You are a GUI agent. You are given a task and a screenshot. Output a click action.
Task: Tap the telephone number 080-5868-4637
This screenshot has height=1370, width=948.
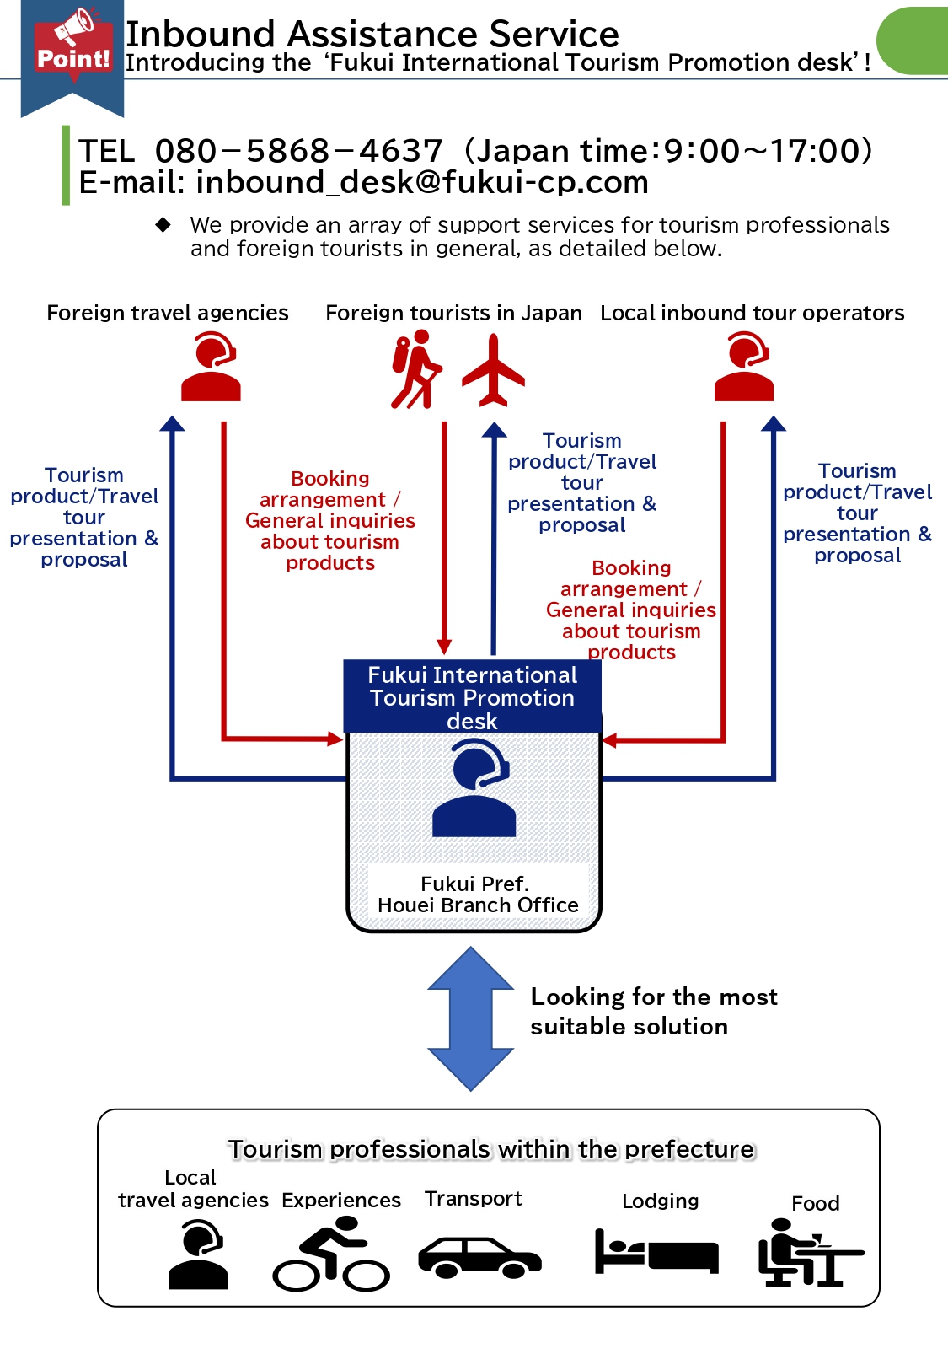(x=299, y=152)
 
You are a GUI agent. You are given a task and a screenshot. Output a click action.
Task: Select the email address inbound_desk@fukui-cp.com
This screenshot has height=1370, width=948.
(x=422, y=183)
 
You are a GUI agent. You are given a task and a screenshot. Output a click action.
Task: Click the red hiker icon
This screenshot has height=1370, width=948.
(x=415, y=369)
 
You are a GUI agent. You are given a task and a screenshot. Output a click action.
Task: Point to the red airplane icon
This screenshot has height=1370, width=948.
(x=494, y=370)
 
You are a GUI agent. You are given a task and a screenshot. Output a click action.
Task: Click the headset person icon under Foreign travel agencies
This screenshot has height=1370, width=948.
(x=212, y=367)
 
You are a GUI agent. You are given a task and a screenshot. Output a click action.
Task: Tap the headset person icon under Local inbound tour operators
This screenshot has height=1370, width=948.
(x=744, y=367)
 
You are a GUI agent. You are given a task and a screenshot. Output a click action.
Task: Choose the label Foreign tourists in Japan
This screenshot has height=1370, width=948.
(x=453, y=314)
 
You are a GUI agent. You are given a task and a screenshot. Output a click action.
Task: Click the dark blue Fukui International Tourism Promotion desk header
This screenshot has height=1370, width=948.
(x=473, y=697)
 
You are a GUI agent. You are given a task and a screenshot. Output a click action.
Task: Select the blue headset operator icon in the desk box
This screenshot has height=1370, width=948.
(x=474, y=788)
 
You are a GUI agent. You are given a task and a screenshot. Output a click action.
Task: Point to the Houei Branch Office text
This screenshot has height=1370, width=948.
(x=478, y=905)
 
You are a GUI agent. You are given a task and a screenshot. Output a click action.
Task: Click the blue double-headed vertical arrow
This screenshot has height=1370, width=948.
(x=471, y=1018)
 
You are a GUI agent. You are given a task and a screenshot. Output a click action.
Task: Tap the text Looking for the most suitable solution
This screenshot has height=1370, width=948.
(x=653, y=1012)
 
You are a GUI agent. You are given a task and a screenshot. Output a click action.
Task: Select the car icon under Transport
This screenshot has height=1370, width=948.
(x=479, y=1256)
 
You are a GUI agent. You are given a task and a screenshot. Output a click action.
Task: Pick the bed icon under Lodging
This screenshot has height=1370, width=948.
(x=656, y=1251)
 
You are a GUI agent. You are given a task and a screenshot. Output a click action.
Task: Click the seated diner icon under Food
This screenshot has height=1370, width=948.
(x=808, y=1253)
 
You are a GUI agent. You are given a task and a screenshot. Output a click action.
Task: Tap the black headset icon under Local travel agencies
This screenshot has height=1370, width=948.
(x=199, y=1255)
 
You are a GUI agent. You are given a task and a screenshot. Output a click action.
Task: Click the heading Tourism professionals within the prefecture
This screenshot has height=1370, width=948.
(x=491, y=1149)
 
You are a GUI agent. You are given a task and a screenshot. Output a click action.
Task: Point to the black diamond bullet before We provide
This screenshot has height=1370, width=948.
(x=163, y=225)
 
